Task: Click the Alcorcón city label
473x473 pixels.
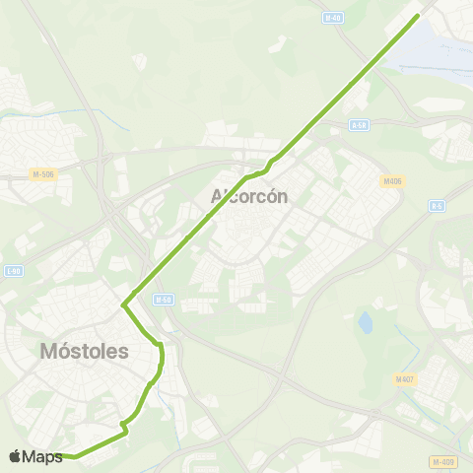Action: (249, 196)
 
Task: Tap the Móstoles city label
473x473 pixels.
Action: (84, 351)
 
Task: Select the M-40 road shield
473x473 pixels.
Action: (334, 17)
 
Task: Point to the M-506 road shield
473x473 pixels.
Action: (43, 175)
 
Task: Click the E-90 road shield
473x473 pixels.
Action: (13, 270)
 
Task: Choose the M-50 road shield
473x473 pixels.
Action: (163, 299)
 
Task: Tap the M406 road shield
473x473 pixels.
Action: (392, 180)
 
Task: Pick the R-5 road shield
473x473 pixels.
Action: (438, 205)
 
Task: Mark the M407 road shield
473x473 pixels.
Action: (404, 379)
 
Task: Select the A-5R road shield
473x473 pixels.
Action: (359, 125)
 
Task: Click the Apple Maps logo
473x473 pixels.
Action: (35, 456)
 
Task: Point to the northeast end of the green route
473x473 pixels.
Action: (418, 15)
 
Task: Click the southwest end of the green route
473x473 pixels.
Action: (67, 456)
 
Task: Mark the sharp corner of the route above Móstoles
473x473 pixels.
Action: (123, 305)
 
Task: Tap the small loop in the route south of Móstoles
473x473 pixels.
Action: (124, 427)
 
